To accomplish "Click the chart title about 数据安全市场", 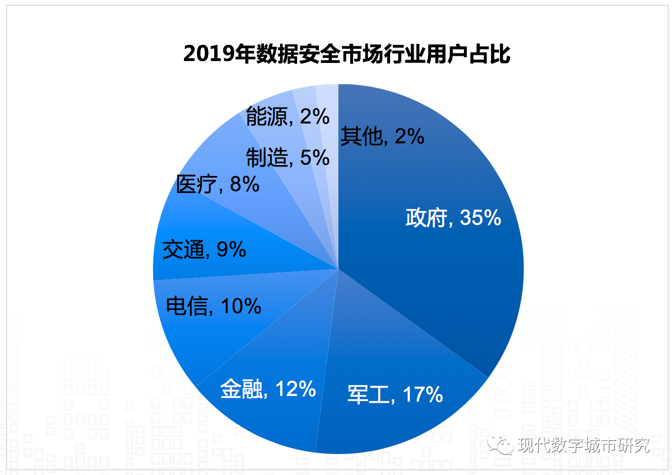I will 346,54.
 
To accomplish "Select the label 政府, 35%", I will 453,218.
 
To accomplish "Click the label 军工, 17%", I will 395,394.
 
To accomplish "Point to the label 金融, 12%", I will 268,389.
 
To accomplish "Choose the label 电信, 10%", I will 213,306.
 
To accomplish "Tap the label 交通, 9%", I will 204,249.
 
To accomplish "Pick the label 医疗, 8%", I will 218,184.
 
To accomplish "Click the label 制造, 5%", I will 288,157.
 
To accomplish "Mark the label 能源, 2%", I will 288,116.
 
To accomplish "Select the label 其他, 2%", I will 382,136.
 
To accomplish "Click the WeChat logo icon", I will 501,445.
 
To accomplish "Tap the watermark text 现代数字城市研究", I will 584,445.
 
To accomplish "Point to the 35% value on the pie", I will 481,218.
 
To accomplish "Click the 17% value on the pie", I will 423,394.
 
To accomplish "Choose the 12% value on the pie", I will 296,389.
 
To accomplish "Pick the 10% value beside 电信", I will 241,306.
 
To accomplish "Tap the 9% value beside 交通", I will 231,249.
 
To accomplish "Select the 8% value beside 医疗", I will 245,184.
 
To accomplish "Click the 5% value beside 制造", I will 315,157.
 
